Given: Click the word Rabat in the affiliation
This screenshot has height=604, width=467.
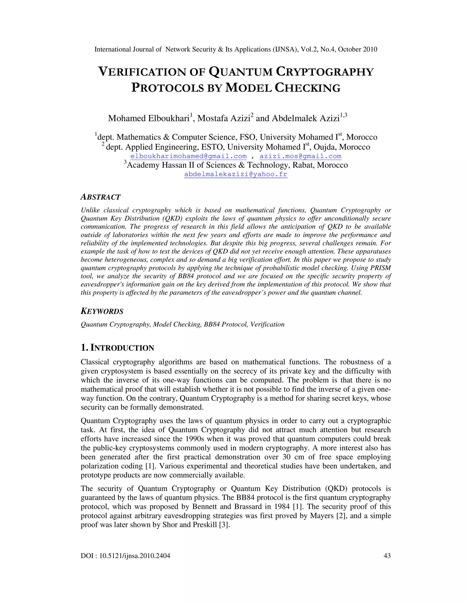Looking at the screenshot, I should (x=303, y=165).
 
